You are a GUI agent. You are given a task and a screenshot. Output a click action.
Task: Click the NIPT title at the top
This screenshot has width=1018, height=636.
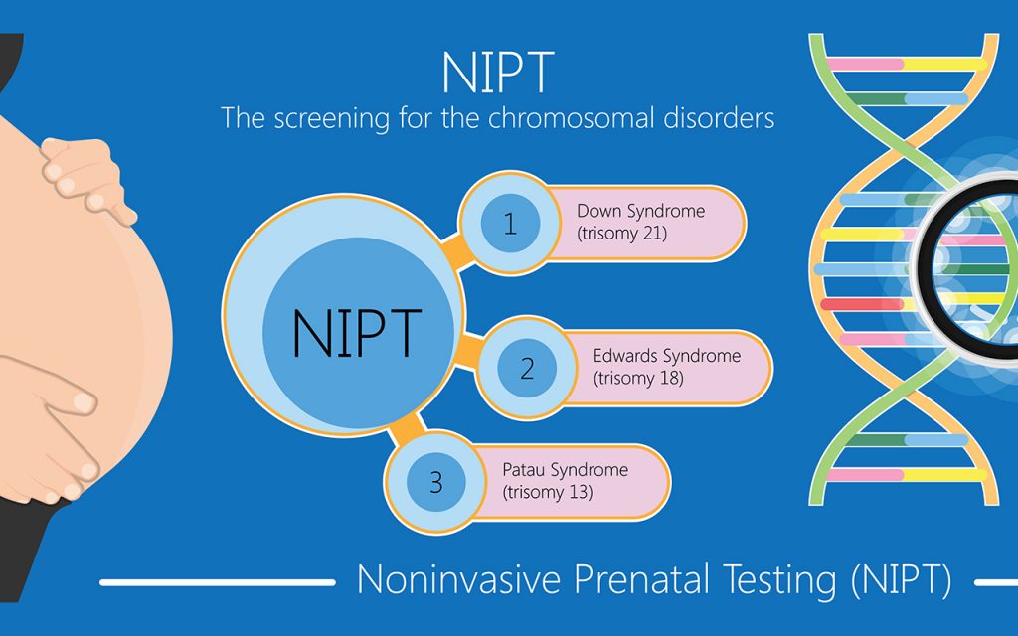click(x=497, y=72)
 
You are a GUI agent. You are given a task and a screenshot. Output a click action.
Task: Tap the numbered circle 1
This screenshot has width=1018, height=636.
click(x=510, y=224)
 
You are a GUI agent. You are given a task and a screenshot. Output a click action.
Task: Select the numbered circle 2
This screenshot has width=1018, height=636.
click(x=527, y=370)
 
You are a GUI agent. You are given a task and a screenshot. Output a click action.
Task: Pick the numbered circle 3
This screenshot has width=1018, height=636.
click(x=436, y=484)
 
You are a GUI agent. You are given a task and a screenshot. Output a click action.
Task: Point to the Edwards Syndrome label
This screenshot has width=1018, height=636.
click(x=666, y=356)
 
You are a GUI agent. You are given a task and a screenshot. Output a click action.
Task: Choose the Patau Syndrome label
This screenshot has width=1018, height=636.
click(x=565, y=469)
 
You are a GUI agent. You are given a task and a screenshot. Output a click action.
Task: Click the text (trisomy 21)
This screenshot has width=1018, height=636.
click(x=621, y=234)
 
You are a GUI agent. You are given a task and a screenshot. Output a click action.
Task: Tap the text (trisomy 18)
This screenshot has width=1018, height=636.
click(x=637, y=379)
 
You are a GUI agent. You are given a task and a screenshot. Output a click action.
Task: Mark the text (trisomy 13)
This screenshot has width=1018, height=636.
click(x=548, y=492)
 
